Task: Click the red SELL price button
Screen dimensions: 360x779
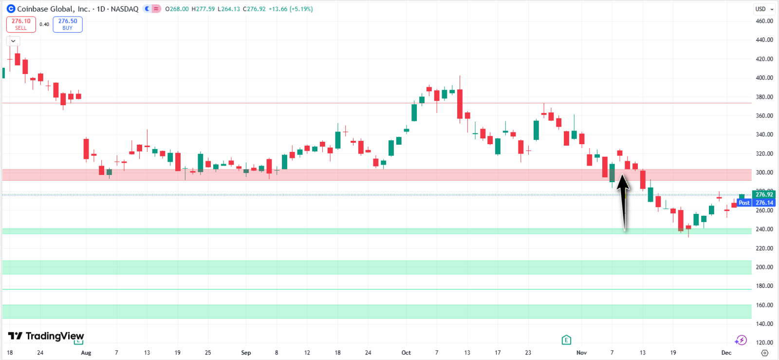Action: click(21, 24)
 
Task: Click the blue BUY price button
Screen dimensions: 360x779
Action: click(68, 24)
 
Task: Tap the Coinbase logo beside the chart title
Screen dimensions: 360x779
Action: click(11, 9)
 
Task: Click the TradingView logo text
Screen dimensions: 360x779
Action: click(46, 336)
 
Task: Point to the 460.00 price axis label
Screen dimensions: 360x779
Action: click(764, 21)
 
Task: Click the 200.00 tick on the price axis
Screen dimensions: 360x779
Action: click(764, 267)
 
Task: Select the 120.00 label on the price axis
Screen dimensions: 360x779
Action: click(764, 342)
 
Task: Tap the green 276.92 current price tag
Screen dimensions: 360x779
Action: click(764, 194)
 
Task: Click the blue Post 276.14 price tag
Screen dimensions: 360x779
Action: click(756, 203)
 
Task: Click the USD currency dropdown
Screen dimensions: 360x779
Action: click(764, 9)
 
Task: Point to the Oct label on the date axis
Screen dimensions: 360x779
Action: click(406, 353)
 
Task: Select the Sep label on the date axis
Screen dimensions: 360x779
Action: click(246, 353)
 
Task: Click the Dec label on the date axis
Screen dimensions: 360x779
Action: click(726, 353)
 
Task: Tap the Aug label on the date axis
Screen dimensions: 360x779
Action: click(86, 353)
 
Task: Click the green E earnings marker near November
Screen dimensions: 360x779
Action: click(566, 340)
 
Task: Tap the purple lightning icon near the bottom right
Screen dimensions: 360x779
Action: click(741, 340)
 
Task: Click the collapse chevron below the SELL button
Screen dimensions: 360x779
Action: click(13, 41)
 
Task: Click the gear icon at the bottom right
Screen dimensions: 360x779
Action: click(764, 353)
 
